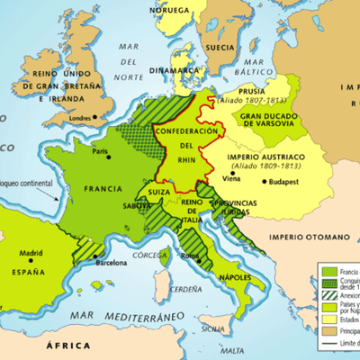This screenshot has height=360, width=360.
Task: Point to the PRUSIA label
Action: [x=256, y=91]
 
